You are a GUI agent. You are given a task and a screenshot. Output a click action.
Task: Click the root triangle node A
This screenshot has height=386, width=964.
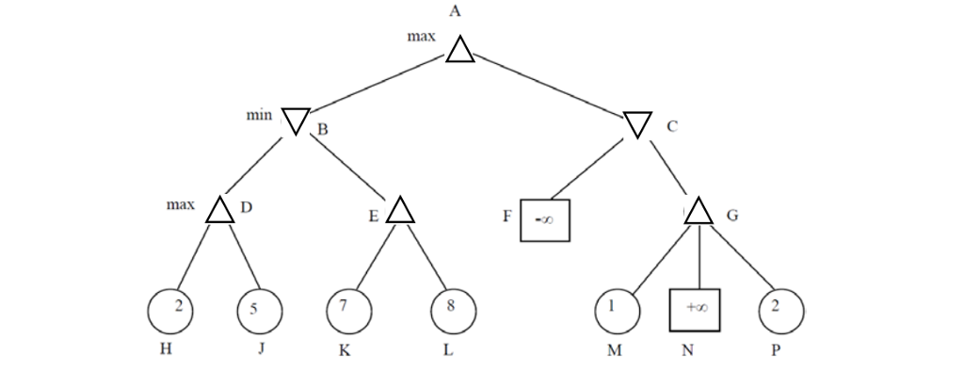pos(459,51)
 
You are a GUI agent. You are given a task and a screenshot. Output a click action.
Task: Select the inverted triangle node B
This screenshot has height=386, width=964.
pos(296,120)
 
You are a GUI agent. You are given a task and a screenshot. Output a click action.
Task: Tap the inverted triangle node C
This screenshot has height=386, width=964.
pos(637,122)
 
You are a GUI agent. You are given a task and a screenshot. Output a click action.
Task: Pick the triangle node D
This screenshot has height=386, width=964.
pos(219,211)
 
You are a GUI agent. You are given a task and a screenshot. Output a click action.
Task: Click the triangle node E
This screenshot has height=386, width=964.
pos(400,211)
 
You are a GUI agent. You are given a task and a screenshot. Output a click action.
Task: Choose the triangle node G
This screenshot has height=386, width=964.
pos(698,211)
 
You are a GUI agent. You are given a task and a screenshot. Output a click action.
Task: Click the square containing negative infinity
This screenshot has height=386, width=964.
pos(545,218)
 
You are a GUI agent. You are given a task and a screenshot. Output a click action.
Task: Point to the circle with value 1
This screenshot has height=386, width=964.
pos(618,310)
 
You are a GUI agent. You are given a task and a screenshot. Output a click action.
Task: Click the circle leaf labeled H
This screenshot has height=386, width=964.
pos(170,310)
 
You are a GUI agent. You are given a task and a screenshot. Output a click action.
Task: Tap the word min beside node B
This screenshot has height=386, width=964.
pos(258,115)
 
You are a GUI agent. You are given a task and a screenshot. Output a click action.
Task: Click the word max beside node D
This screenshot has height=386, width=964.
pos(180,203)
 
